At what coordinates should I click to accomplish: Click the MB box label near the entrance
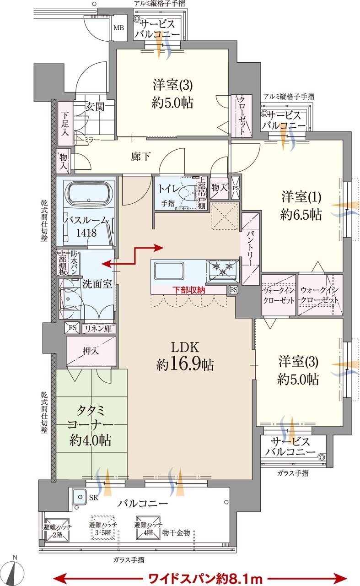tap(118, 27)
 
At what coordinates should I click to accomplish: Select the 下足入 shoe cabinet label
tap(65, 124)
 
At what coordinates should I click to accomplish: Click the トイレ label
tap(169, 188)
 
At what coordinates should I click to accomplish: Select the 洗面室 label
tap(97, 283)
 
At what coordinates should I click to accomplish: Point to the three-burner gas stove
tap(223, 269)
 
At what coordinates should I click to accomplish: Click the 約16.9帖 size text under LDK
tap(185, 364)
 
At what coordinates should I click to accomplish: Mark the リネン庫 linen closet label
tap(98, 328)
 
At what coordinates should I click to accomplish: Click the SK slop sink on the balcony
tap(80, 497)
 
